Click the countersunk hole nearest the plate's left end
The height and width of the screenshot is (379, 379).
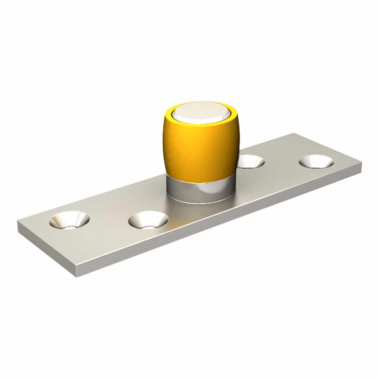coord(69,220)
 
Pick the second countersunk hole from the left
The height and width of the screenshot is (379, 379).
coord(148,220)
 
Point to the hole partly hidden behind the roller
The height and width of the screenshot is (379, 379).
coord(251,161)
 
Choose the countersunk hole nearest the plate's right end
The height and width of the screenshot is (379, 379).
coord(316,161)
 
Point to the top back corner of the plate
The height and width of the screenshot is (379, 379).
coord(294,133)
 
